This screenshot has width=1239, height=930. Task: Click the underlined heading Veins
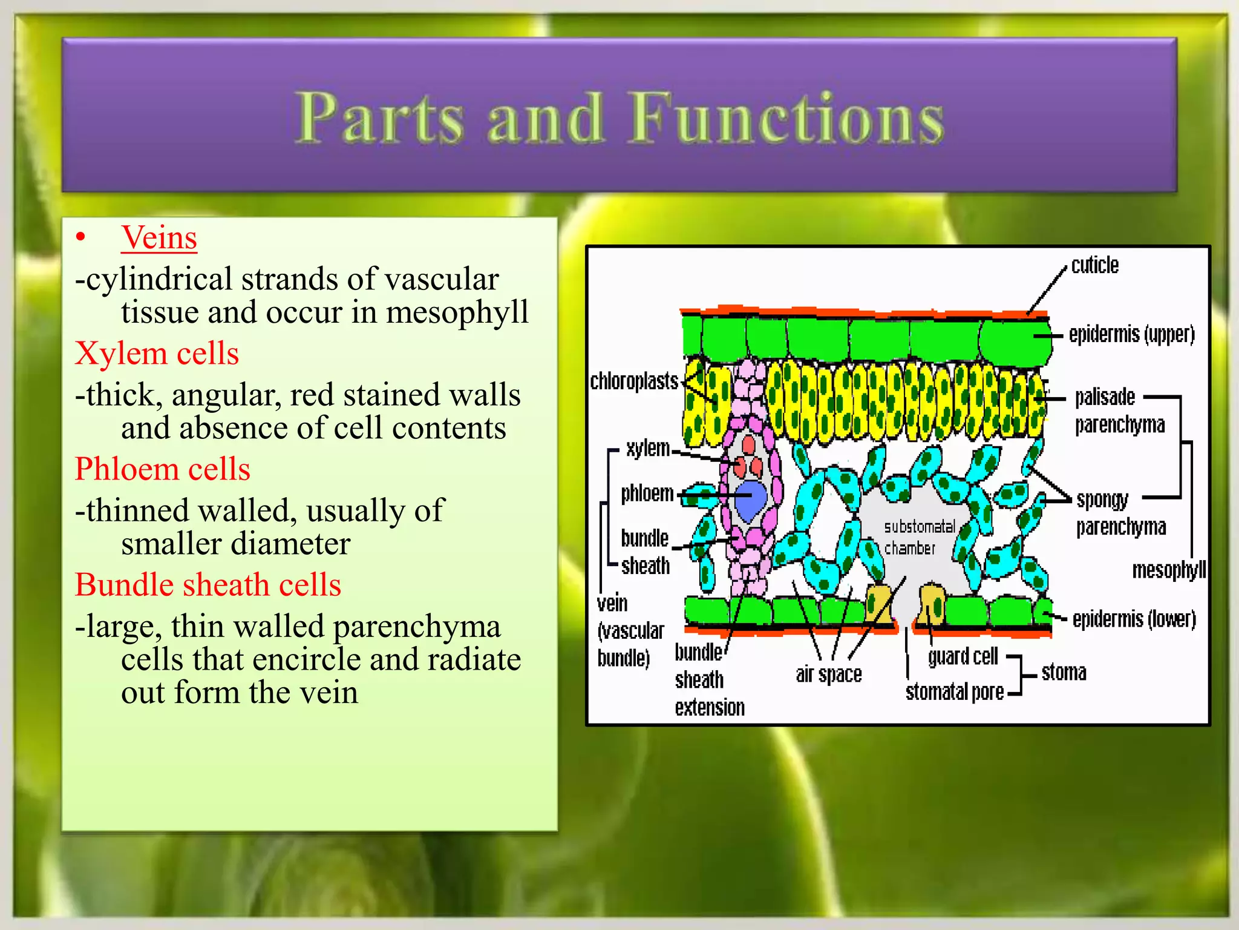[159, 237]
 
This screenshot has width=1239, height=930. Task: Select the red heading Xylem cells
[157, 353]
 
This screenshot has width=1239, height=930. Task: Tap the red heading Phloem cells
[162, 469]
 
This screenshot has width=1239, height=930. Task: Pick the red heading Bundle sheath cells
[208, 585]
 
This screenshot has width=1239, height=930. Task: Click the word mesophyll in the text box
[457, 312]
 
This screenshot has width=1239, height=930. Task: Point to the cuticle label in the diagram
[1094, 265]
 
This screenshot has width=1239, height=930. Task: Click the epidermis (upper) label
[1131, 334]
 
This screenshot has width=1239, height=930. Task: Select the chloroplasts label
[634, 381]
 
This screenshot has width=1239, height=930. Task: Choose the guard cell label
[963, 656]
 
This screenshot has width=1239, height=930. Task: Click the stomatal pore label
[954, 691]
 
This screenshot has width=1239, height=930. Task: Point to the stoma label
[1064, 673]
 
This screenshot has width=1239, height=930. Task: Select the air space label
[828, 674]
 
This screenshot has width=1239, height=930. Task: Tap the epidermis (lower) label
[1134, 619]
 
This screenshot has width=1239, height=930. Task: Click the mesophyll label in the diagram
[1168, 570]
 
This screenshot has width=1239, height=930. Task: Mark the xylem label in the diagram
[648, 449]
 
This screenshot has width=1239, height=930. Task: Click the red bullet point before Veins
[81, 238]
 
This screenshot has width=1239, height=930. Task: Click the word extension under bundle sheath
[710, 707]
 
